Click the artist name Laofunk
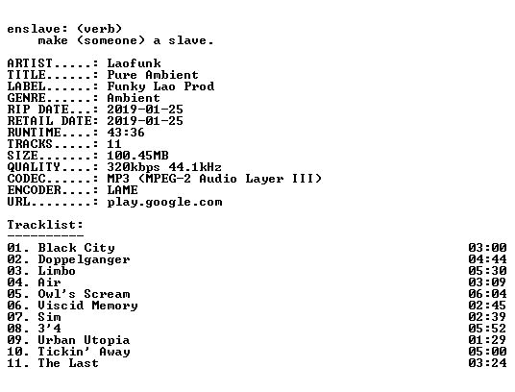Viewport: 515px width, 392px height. (x=134, y=63)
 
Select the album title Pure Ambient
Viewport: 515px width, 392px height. (x=153, y=75)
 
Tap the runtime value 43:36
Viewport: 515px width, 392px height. (x=126, y=133)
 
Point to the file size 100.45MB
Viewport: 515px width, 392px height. (x=137, y=156)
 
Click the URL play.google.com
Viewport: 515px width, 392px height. (x=164, y=202)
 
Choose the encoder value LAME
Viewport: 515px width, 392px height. (x=123, y=190)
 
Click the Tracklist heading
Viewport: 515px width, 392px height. (x=45, y=225)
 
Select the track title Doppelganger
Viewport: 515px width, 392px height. (x=84, y=260)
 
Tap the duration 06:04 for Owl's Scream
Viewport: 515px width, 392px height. (x=487, y=294)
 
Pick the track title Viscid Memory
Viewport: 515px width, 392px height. (x=87, y=306)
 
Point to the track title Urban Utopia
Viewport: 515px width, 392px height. (x=84, y=340)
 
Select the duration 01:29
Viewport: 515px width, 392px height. (x=487, y=340)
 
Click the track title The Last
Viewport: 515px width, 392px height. (x=68, y=363)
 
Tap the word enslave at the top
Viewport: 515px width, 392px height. (x=34, y=29)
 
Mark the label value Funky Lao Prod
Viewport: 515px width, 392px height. (x=160, y=86)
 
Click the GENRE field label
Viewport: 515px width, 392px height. (x=26, y=98)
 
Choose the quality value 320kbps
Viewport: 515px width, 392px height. (x=134, y=167)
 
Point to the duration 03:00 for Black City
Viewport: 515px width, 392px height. (x=487, y=248)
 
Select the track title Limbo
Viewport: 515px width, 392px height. (x=57, y=271)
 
